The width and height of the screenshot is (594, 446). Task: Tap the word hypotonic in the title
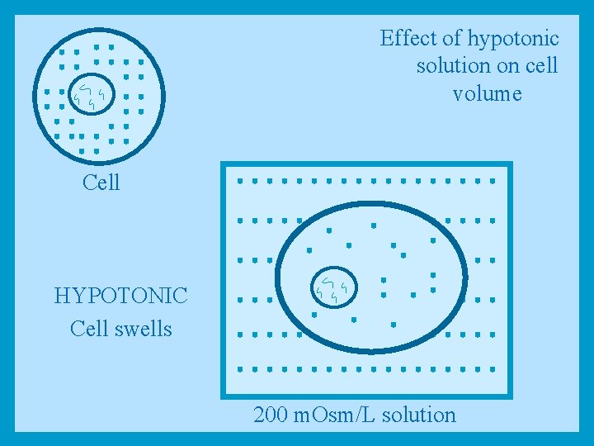(x=512, y=39)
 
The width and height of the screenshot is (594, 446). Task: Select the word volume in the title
(x=487, y=93)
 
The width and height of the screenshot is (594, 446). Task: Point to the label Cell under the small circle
(x=101, y=183)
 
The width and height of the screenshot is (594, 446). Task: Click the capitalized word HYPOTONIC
(x=120, y=296)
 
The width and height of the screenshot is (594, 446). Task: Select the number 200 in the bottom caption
(x=271, y=415)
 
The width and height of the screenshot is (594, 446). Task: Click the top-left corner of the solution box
(x=223, y=164)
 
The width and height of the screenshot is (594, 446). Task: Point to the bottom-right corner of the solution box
(x=511, y=396)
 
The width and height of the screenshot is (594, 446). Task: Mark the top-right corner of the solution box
(x=511, y=164)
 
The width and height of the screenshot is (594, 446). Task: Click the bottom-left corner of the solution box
(x=223, y=396)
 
